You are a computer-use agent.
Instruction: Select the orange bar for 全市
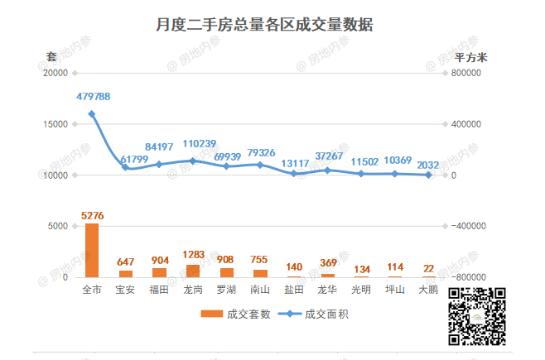click(92, 250)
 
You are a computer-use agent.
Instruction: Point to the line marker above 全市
click(91, 114)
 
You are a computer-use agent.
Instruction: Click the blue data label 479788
click(93, 97)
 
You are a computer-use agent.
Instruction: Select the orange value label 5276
click(93, 216)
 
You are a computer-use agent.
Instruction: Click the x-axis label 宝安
click(125, 290)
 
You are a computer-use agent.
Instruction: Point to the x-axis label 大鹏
click(428, 290)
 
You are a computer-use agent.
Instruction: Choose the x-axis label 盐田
click(294, 290)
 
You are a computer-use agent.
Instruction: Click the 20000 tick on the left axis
click(55, 73)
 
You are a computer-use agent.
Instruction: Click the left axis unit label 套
click(51, 57)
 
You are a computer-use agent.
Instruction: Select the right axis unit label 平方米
click(471, 57)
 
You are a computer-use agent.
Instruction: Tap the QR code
click(477, 316)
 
